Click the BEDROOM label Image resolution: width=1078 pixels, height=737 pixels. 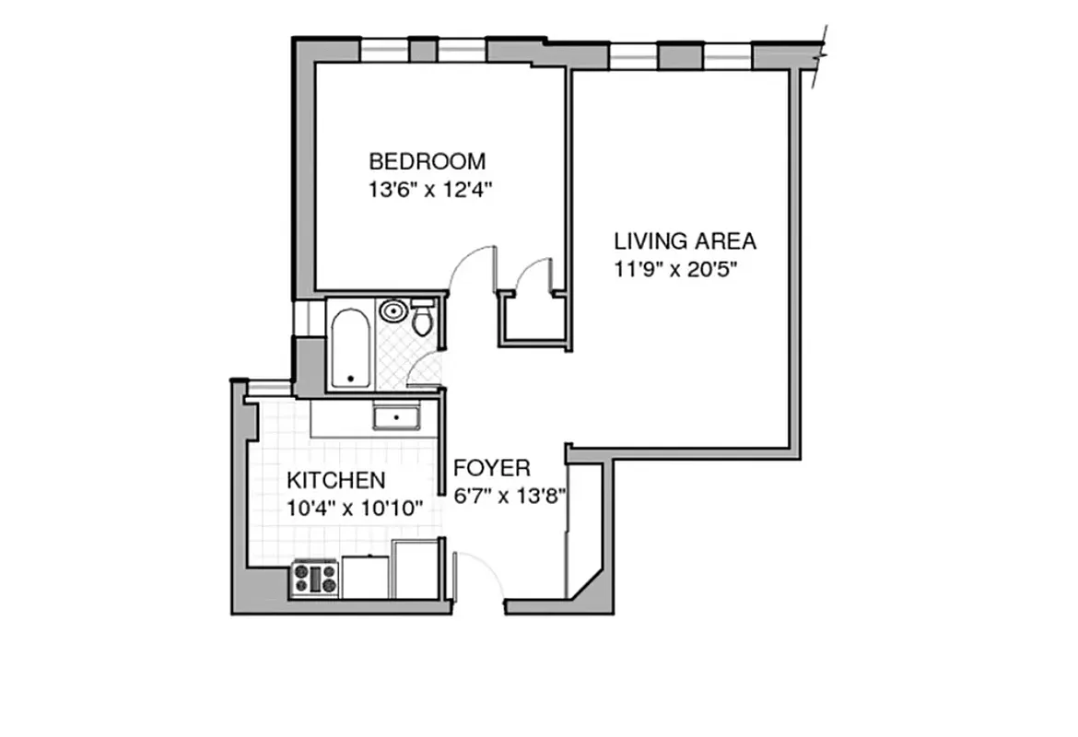427,162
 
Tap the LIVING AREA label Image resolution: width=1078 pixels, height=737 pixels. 685,241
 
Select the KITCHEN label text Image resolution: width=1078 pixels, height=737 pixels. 335,480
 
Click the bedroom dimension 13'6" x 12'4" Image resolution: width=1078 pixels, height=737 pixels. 430,191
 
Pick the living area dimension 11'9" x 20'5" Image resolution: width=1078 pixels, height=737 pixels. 678,271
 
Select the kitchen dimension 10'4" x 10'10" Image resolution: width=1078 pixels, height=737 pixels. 355,508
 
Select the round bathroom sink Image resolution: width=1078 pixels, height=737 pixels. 393,310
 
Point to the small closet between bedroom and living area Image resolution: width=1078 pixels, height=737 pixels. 532,318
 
